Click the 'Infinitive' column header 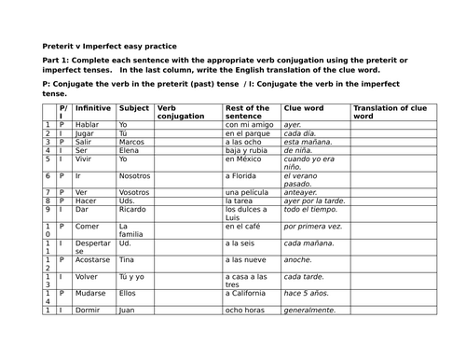click(x=93, y=109)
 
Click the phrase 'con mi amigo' click(x=247, y=124)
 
